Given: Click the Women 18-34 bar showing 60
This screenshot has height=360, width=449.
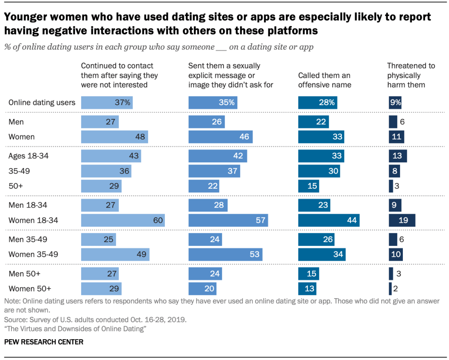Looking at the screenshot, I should tap(123, 221).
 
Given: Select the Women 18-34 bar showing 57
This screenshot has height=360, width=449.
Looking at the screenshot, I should tap(228, 221).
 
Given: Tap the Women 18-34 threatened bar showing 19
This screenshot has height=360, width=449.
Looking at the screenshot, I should tap(402, 221).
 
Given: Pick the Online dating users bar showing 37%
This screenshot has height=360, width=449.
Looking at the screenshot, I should tap(107, 103).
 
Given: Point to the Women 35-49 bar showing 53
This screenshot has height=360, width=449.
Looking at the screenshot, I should tap(225, 254).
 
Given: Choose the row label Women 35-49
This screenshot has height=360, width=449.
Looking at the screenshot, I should tap(33, 254).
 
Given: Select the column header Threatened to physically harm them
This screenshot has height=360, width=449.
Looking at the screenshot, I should tap(411, 75).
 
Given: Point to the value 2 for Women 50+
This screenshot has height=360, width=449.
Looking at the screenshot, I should tap(395, 289).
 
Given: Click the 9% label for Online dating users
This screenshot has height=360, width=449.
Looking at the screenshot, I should tap(395, 103).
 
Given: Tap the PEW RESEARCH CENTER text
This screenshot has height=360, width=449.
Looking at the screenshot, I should tap(44, 342).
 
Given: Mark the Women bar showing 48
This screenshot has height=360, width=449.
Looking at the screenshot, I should tap(114, 137).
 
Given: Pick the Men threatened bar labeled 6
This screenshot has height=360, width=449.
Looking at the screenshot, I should tap(393, 122).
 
